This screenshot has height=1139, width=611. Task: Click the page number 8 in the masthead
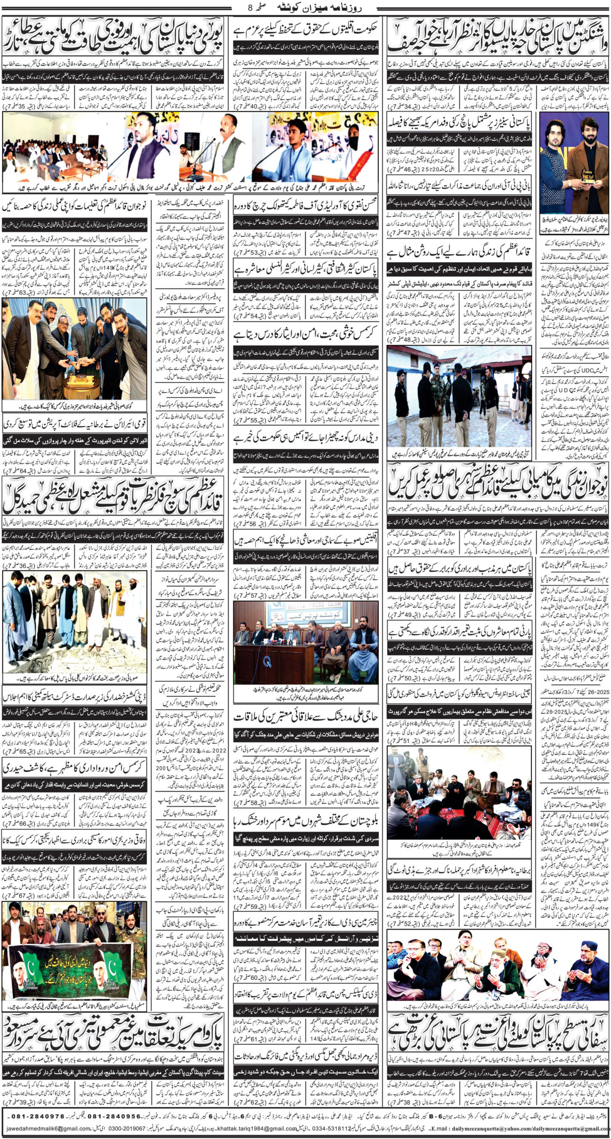250,7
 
